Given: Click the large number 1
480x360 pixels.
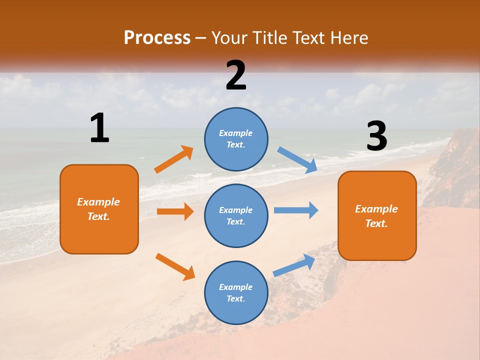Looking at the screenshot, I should click(x=99, y=128).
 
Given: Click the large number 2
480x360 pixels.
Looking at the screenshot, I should click(x=236, y=75).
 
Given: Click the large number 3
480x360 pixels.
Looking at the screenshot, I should click(x=376, y=136).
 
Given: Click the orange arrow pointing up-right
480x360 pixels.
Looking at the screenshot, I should click(x=173, y=159).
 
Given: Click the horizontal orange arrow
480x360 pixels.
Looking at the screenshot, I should click(x=175, y=211).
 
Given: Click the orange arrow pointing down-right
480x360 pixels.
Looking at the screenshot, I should click(x=175, y=266).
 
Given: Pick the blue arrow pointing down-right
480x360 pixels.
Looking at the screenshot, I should click(x=297, y=160).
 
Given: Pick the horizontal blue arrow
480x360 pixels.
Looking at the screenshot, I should click(x=296, y=210).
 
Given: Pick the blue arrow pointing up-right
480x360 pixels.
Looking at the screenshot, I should click(x=294, y=265).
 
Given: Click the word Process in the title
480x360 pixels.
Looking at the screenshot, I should click(x=157, y=37).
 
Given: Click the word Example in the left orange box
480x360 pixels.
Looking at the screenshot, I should click(x=98, y=202).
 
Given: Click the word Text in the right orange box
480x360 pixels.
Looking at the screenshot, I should click(x=376, y=223).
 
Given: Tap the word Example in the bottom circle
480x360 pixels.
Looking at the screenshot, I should click(x=235, y=287).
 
